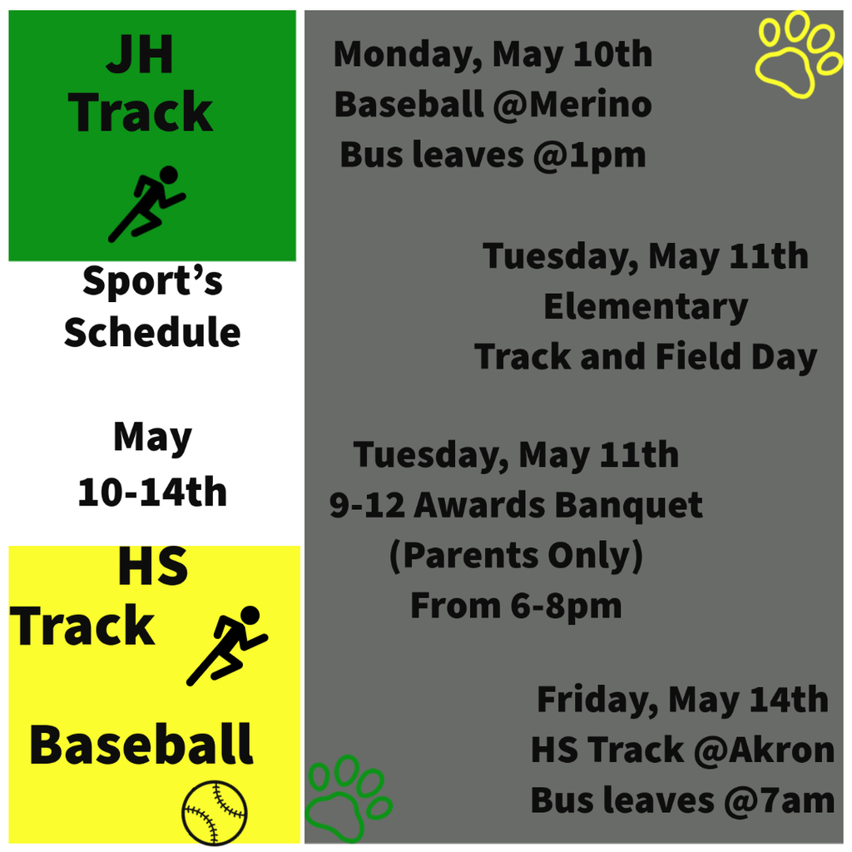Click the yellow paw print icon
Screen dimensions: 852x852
pyautogui.click(x=798, y=55)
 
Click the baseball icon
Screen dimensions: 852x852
pyautogui.click(x=215, y=812)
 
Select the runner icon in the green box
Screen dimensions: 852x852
pyautogui.click(x=147, y=204)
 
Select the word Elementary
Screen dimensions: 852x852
pyautogui.click(x=646, y=306)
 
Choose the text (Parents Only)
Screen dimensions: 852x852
pyautogui.click(x=516, y=556)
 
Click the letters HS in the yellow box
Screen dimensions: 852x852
pyautogui.click(x=152, y=568)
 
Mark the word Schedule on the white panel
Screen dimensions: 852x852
pyautogui.click(x=152, y=333)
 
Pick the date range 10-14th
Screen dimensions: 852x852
pyautogui.click(x=152, y=493)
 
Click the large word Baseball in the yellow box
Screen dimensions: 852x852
pyautogui.click(x=141, y=745)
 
